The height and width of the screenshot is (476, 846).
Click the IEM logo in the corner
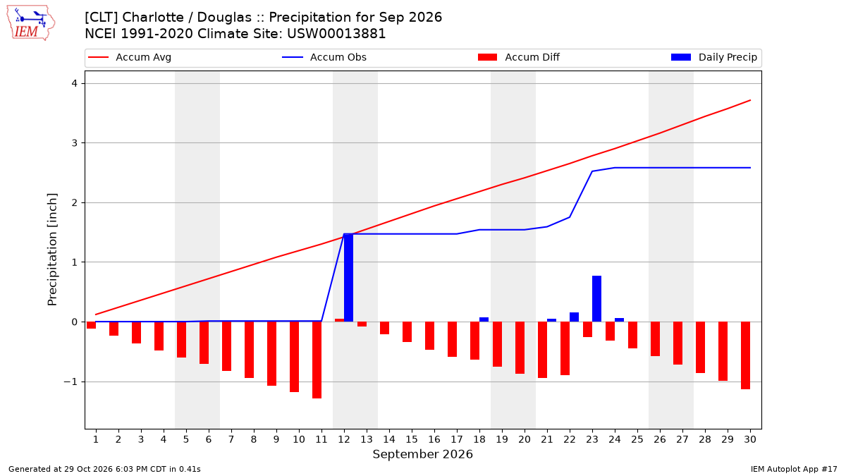tap(30, 23)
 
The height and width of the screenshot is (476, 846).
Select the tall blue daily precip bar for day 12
tap(348, 278)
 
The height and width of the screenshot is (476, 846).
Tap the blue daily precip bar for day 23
tap(596, 299)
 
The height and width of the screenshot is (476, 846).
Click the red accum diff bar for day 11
tap(317, 360)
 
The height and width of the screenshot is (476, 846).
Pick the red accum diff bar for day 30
tap(746, 355)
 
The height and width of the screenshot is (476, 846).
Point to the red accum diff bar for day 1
tap(92, 325)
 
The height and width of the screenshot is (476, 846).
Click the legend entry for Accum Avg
tap(130, 57)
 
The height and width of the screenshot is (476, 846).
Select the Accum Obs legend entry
tap(324, 57)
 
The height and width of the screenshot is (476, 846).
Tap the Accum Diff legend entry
tap(519, 57)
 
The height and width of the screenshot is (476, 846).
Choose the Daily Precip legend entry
tap(713, 57)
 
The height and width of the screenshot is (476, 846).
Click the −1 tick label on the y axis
tap(70, 382)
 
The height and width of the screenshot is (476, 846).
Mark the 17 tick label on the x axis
tap(457, 439)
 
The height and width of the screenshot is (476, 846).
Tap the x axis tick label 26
tap(660, 439)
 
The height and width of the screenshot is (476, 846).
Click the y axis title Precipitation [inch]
tap(52, 250)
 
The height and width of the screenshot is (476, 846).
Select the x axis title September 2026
tap(422, 454)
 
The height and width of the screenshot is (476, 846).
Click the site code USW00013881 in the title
tap(336, 34)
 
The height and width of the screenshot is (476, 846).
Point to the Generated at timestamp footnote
tap(104, 469)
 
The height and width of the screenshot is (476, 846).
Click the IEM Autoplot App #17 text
tap(794, 469)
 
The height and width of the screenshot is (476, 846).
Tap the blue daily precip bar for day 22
tap(574, 317)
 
